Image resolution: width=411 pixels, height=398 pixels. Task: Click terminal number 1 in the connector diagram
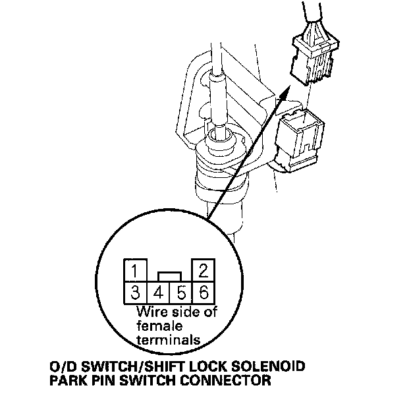click(x=134, y=271)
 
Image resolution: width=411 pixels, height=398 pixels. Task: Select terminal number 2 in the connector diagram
click(x=203, y=271)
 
